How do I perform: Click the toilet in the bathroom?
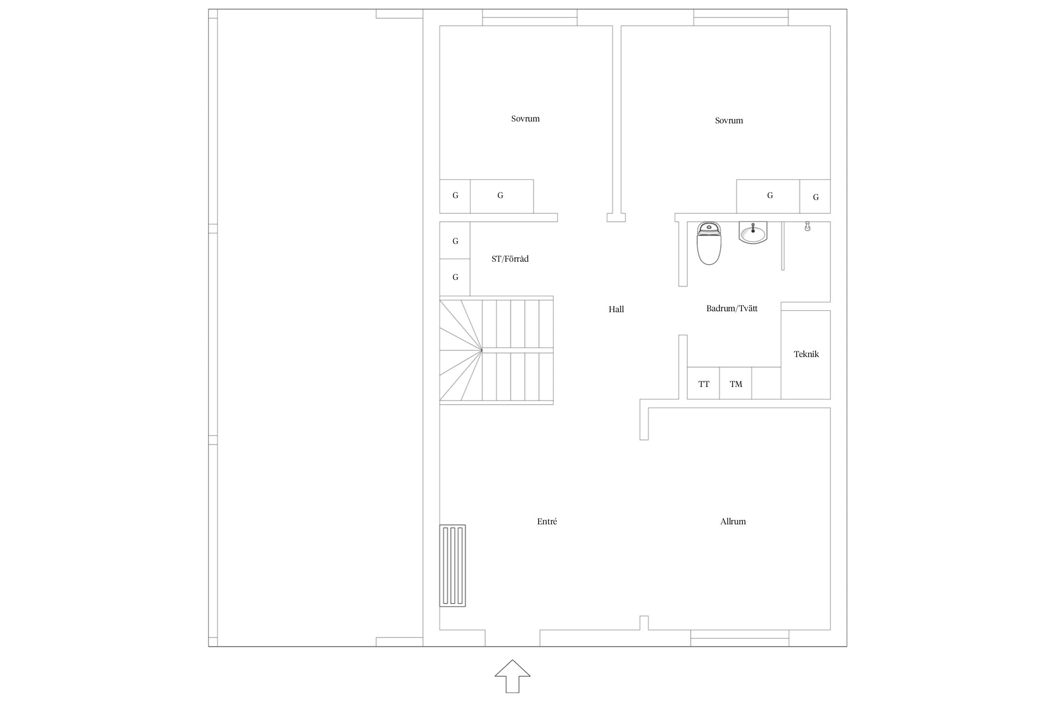709,243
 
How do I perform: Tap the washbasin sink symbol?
753,232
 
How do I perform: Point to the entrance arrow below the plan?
512,676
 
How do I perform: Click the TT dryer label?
704,384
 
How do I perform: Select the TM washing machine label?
736,384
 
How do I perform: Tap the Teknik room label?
806,354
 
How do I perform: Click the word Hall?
616,309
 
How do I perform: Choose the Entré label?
547,522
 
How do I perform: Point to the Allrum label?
733,522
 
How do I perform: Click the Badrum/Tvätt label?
732,308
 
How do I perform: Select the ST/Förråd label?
510,259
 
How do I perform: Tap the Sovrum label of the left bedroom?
525,119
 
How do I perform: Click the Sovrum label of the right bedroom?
729,121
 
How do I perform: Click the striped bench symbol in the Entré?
453,566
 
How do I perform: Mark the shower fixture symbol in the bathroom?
807,226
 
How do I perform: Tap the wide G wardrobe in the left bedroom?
502,196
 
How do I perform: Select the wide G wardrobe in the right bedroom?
768,196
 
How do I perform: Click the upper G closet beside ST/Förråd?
455,240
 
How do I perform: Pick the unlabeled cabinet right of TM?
766,383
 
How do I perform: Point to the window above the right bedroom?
741,17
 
